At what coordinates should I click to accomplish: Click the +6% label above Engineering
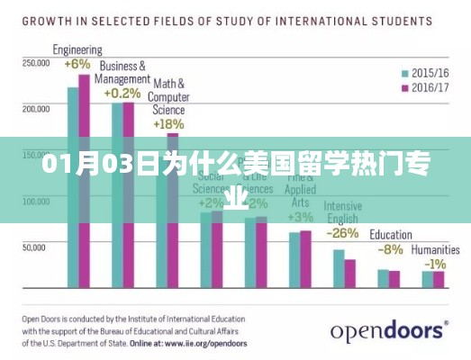coord(77,64)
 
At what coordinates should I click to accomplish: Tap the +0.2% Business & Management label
coord(122,93)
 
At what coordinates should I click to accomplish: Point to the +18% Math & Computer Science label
coord(168,123)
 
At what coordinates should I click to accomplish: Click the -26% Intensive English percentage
coord(343,232)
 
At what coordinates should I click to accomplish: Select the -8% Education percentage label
coord(390,248)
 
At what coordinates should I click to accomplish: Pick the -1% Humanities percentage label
coord(435,263)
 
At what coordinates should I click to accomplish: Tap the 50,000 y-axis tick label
coord(36,246)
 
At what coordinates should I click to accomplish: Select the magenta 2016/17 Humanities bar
coord(439,279)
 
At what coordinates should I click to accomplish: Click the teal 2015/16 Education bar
coord(384,278)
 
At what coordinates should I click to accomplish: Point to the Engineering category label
coord(77,50)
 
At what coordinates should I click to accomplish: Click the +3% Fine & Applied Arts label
coord(300,217)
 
